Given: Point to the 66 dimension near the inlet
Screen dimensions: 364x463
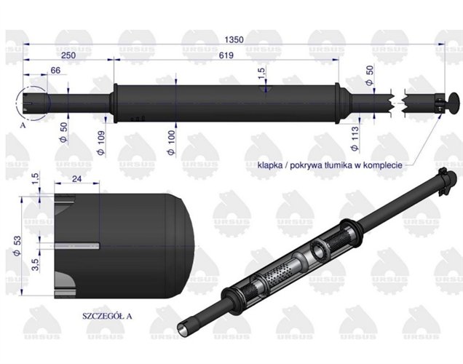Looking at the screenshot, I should [x=54, y=70].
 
